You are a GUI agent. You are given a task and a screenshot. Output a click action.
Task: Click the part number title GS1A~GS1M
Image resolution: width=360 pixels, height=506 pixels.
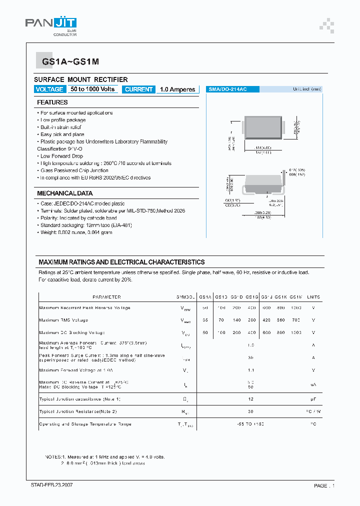coord(67,62)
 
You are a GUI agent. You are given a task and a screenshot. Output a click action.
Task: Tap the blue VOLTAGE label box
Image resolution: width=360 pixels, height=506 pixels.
coord(49,89)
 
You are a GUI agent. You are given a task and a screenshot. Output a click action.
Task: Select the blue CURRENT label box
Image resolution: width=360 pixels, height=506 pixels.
coord(138,89)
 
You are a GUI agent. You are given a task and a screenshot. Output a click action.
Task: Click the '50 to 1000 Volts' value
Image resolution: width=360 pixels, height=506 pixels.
coord(92,89)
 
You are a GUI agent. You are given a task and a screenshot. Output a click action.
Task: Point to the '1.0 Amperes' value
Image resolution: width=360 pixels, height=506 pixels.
coord(177,89)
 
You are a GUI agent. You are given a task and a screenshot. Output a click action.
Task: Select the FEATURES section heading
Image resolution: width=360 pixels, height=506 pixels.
coord(52,102)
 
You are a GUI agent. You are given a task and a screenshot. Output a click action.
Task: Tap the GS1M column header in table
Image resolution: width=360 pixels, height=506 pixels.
coord(296,297)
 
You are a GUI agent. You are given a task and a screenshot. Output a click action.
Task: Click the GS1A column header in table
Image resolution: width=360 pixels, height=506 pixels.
coord(205,297)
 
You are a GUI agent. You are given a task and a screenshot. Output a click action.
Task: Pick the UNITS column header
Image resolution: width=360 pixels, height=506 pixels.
coord(313,297)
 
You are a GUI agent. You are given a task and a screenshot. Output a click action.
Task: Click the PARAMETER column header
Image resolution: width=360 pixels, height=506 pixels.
coord(106,297)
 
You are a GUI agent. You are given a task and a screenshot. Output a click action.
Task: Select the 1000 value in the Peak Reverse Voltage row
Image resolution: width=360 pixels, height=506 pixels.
coord(296,308)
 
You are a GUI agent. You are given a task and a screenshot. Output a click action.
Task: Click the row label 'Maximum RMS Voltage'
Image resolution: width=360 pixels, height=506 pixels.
coord(63,320)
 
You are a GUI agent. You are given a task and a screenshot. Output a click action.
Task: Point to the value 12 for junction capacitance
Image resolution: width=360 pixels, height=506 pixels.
coord(251,399)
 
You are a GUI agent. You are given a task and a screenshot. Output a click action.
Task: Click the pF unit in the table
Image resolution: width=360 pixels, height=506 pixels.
coord(313,399)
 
